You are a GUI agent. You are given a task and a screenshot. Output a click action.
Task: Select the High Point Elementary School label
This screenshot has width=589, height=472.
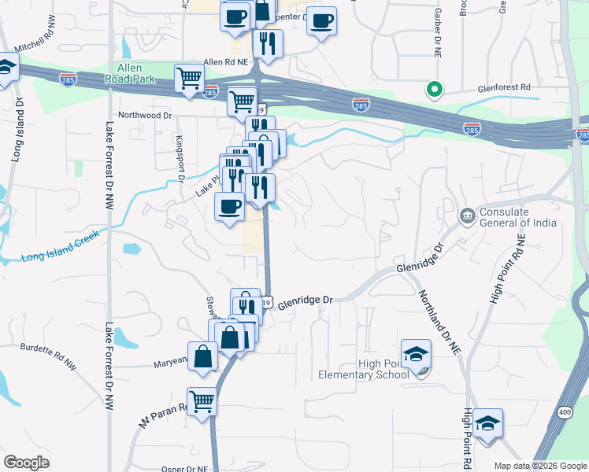pyautogui.click(x=363, y=368)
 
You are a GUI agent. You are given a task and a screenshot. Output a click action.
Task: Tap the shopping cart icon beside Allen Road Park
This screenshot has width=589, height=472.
pyautogui.click(x=189, y=79)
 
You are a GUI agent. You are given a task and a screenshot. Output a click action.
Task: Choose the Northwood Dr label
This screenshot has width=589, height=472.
pyautogui.click(x=145, y=115)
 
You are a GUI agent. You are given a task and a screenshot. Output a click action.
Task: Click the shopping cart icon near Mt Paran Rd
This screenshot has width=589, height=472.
pyautogui.click(x=202, y=401)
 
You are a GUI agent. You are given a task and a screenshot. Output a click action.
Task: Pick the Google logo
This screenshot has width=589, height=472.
pyautogui.click(x=26, y=463)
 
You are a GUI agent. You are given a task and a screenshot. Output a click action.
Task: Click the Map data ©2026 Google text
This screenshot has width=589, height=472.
pyautogui.click(x=540, y=466)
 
